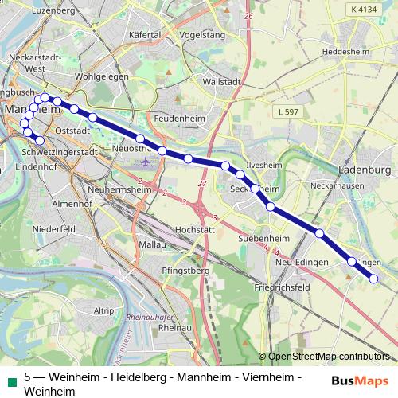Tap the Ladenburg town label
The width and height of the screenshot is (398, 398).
tap(365, 170)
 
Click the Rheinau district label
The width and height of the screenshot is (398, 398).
tap(177, 327)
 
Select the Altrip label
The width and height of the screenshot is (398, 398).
tap(103, 310)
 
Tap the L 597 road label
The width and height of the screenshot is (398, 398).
tap(287, 112)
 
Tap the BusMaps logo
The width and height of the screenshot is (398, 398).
tap(360, 380)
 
